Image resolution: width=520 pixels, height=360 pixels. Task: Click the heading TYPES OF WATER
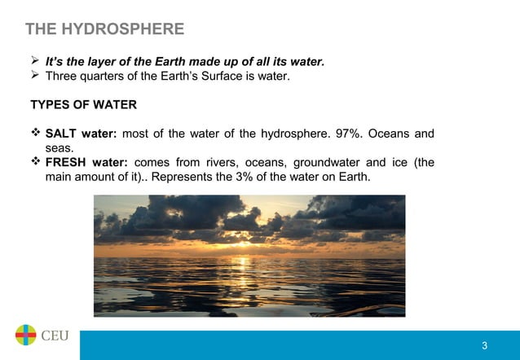click(x=83, y=105)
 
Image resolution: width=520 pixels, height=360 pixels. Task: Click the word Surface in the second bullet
click(x=214, y=77)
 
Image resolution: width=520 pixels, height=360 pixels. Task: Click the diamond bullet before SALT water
click(x=35, y=133)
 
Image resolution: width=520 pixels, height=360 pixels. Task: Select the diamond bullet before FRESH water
click(x=35, y=162)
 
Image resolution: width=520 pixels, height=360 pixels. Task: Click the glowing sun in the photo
click(x=242, y=237)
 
